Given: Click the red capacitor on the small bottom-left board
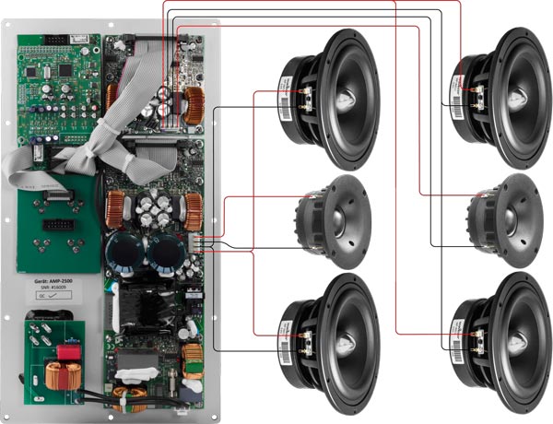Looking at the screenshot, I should (x=66, y=354).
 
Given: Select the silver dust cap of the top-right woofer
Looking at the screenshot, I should (x=513, y=88).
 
